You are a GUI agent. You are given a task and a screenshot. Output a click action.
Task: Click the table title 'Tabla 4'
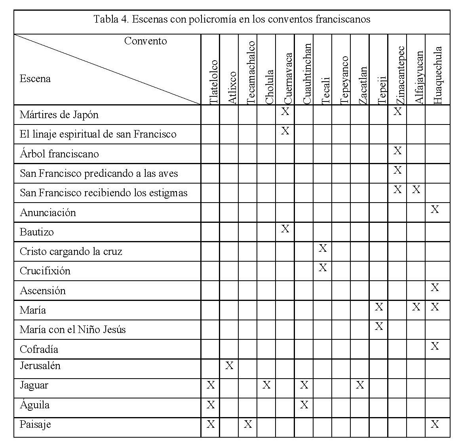point(232,19)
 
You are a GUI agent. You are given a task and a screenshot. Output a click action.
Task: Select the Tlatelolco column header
point(213,82)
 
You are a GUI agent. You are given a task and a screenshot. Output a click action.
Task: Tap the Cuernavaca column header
point(288,78)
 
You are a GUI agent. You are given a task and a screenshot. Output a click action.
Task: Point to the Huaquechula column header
point(437,75)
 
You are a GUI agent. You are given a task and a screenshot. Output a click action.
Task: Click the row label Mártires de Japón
point(59,115)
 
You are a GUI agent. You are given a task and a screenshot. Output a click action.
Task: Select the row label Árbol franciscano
point(59,154)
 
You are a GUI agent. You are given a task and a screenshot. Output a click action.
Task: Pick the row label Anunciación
point(48,213)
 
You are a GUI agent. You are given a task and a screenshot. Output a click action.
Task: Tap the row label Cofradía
point(39,349)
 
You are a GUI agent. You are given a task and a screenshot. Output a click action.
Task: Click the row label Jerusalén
point(40,366)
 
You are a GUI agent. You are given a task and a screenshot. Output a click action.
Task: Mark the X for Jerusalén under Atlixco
point(229,366)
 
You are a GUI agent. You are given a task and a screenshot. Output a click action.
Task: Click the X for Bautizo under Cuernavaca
point(285,229)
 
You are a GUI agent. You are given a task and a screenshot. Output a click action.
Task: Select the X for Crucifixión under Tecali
point(323,268)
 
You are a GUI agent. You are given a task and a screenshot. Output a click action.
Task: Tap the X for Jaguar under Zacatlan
point(359,385)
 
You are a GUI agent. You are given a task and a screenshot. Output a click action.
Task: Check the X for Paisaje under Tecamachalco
point(248,425)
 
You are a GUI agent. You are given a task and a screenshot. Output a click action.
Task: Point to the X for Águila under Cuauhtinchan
point(304,405)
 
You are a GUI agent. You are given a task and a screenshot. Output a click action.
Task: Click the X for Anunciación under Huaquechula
point(435,209)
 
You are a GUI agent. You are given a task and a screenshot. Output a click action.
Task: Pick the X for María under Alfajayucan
point(416,307)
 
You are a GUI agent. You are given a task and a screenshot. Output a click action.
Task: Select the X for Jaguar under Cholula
point(266,385)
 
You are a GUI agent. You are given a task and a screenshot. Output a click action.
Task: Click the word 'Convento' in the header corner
point(145,41)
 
